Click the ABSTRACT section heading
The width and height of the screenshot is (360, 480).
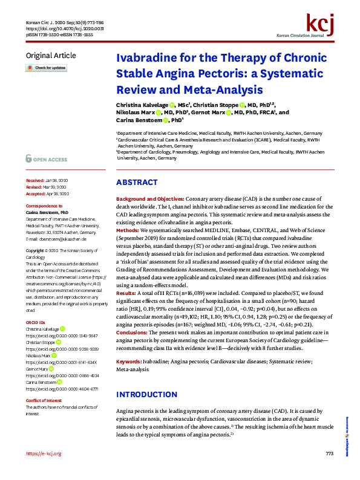(137, 182)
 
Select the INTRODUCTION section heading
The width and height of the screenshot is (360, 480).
(147, 378)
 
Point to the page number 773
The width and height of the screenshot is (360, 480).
(329, 470)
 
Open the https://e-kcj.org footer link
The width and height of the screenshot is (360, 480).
(44, 470)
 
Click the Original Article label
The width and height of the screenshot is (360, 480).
(51, 56)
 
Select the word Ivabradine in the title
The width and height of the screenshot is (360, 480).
(145, 59)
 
